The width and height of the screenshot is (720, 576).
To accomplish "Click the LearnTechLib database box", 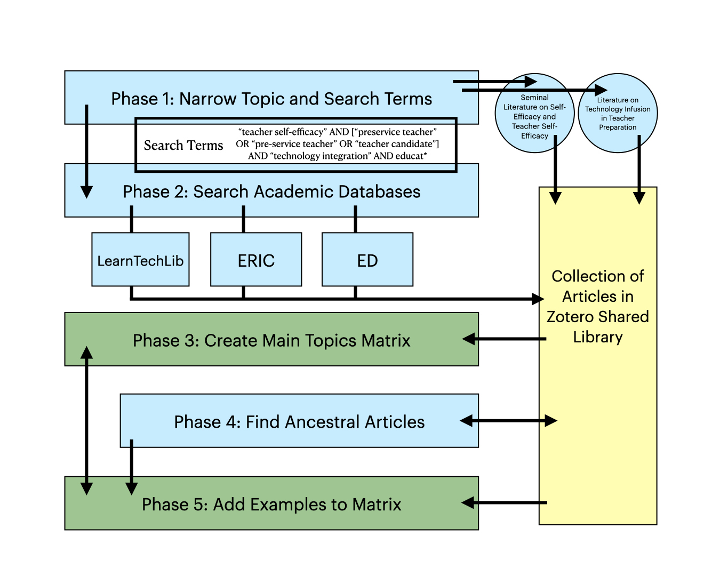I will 140,260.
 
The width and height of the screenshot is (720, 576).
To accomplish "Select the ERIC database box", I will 256,260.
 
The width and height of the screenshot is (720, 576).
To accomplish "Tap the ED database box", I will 367,260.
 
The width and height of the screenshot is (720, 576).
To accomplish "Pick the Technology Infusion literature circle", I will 618,113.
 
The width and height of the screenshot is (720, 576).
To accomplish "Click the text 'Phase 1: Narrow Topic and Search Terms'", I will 271,99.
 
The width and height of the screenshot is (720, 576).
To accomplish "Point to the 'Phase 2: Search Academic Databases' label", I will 271,191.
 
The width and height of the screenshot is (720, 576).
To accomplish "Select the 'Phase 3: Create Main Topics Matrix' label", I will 271,340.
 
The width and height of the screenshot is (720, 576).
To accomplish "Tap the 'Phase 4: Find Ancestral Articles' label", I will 299,422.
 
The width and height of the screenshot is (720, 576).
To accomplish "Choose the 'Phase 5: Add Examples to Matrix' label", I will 271,504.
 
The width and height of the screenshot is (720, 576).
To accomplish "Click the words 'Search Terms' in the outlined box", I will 183,145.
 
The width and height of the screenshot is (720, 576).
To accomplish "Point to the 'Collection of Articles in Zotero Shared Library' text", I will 598,306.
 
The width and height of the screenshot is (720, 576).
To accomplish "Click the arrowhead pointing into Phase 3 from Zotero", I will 469,339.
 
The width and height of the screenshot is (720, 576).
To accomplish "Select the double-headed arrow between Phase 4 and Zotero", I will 508,421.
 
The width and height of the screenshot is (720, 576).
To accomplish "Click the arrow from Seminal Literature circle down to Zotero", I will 555,171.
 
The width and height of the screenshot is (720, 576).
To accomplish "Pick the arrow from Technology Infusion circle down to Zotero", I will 639,171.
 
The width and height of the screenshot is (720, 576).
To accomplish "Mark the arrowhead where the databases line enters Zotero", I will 538,299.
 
